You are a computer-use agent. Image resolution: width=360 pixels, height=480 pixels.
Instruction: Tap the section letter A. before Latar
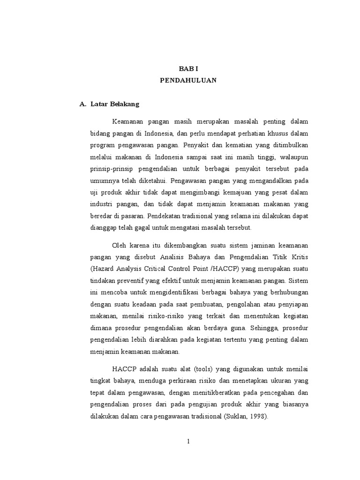coord(83,104)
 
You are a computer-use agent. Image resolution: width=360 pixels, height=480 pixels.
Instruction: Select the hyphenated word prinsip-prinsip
coord(111,168)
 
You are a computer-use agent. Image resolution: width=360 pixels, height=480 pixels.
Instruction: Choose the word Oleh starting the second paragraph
coord(120,246)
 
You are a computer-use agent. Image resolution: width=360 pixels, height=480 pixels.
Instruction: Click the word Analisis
coord(173,257)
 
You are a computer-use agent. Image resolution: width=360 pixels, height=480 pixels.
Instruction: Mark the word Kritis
coord(298,257)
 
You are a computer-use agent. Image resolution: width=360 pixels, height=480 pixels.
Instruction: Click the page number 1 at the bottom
coord(188,441)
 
